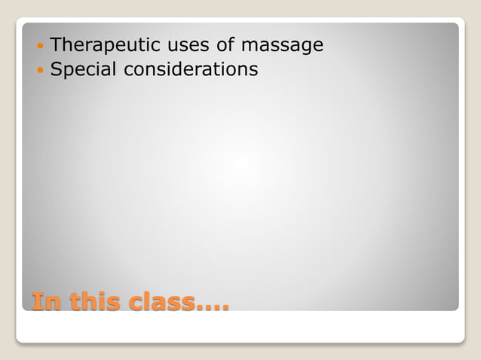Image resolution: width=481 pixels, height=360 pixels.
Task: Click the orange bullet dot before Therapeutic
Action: (x=40, y=46)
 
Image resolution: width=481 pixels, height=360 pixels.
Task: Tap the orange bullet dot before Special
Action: (x=40, y=71)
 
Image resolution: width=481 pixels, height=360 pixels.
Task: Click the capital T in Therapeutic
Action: (x=55, y=45)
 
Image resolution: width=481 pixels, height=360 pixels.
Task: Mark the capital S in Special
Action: (x=56, y=70)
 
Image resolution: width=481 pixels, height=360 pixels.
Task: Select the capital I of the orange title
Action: (x=36, y=301)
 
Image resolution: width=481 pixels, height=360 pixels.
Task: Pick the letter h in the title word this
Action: (x=84, y=301)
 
